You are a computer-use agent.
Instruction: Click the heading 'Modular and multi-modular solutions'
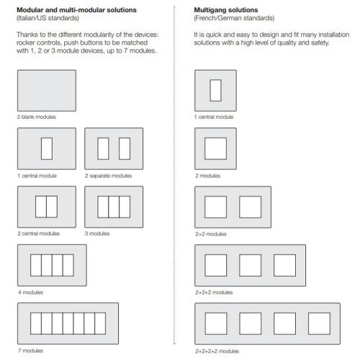coord(76,10)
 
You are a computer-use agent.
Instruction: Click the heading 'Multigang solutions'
coord(226,10)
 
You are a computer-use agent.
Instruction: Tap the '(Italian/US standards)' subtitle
coord(48,18)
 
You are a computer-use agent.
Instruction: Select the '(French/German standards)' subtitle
coord(234,18)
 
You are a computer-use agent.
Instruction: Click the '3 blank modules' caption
coord(36,117)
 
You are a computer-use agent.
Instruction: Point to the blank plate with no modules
coord(47,91)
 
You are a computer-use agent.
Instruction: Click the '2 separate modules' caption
coord(108,176)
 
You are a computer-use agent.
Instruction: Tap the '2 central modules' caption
coord(38,233)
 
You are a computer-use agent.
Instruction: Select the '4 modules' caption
coord(30,292)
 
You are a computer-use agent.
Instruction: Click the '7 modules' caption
coord(30,351)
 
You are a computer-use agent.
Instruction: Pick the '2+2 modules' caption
coord(211,234)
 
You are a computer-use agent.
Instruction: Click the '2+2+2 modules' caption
coord(214,292)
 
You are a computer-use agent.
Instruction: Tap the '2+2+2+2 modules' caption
coord(217,351)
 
